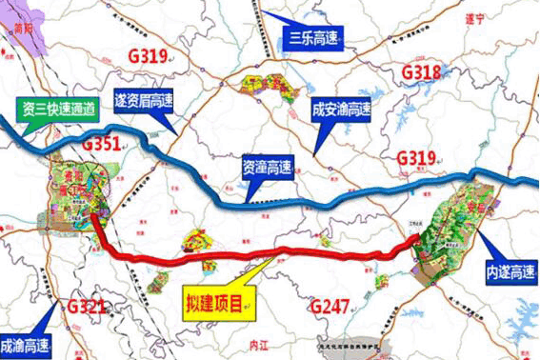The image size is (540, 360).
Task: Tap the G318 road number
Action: coord(421,72)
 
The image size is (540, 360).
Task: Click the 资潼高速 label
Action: coord(268,166)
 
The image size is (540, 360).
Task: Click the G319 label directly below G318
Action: coord(415,158)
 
